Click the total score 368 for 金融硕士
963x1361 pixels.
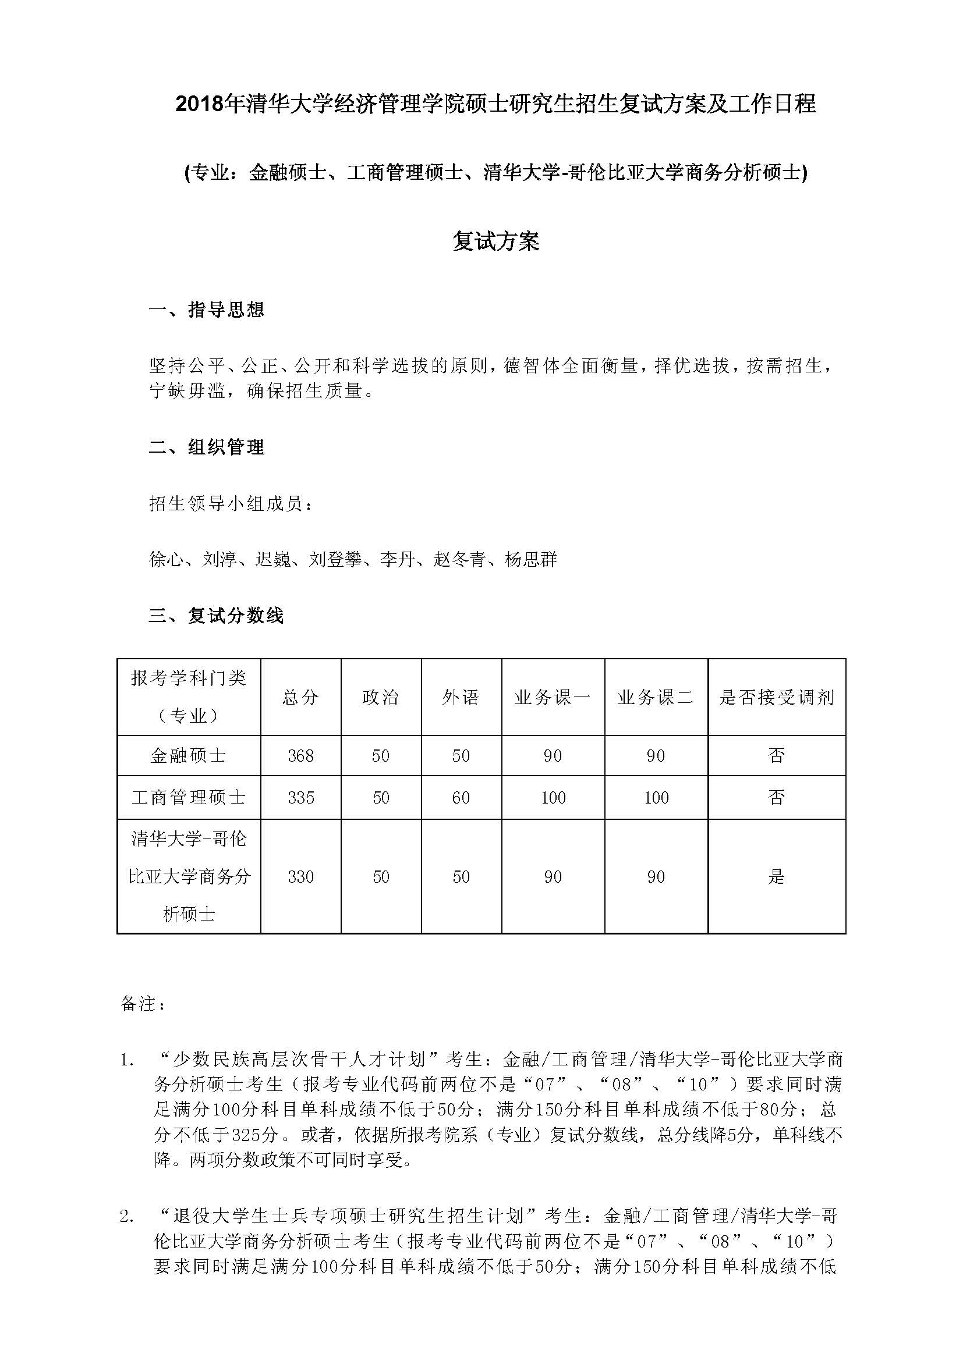[300, 756]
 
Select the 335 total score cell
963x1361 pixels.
[300, 798]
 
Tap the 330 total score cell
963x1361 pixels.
[300, 877]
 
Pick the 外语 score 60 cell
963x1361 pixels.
[461, 798]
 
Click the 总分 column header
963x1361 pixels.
[300, 697]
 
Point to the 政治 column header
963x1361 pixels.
[381, 697]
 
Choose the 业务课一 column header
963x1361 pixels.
[553, 697]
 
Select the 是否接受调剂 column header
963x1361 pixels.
[776, 697]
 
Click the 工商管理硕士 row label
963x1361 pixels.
[189, 798]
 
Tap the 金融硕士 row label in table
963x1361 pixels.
[189, 756]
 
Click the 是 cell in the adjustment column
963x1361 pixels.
[776, 877]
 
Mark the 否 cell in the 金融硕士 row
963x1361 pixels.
[776, 756]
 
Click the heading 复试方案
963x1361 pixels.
[495, 241]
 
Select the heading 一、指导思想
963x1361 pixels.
[206, 310]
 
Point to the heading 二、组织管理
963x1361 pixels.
[206, 447]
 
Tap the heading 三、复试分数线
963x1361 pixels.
[216, 615]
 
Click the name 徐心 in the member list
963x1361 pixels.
[167, 559]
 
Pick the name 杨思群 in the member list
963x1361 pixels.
[531, 559]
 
